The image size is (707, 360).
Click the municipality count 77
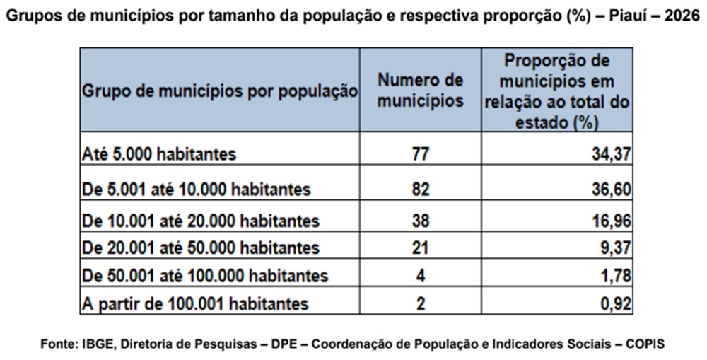[420, 154]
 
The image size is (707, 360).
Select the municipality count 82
[420, 190]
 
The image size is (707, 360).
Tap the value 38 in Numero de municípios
[420, 221]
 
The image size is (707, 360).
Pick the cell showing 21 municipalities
[420, 248]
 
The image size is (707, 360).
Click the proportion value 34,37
[611, 154]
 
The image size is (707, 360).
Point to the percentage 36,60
[611, 190]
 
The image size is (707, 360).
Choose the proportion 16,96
[611, 221]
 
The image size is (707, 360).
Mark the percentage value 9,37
[616, 248]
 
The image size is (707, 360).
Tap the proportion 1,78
[616, 276]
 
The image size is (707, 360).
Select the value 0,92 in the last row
[616, 303]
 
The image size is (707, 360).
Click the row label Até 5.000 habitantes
[158, 154]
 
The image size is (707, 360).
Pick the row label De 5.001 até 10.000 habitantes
[196, 190]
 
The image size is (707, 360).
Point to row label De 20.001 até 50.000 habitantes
[201, 248]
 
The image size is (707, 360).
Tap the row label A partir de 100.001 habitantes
[195, 303]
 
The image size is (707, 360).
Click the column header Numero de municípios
[420, 91]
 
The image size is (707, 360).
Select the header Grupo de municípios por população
[220, 91]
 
